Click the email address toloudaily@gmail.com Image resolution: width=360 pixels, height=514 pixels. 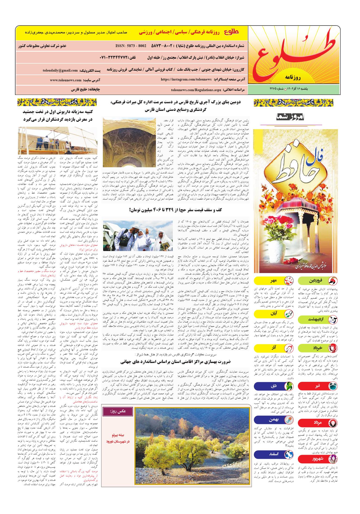click(60, 70)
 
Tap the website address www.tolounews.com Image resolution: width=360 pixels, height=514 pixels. click(66, 80)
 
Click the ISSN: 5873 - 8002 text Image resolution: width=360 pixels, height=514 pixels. click(131, 46)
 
